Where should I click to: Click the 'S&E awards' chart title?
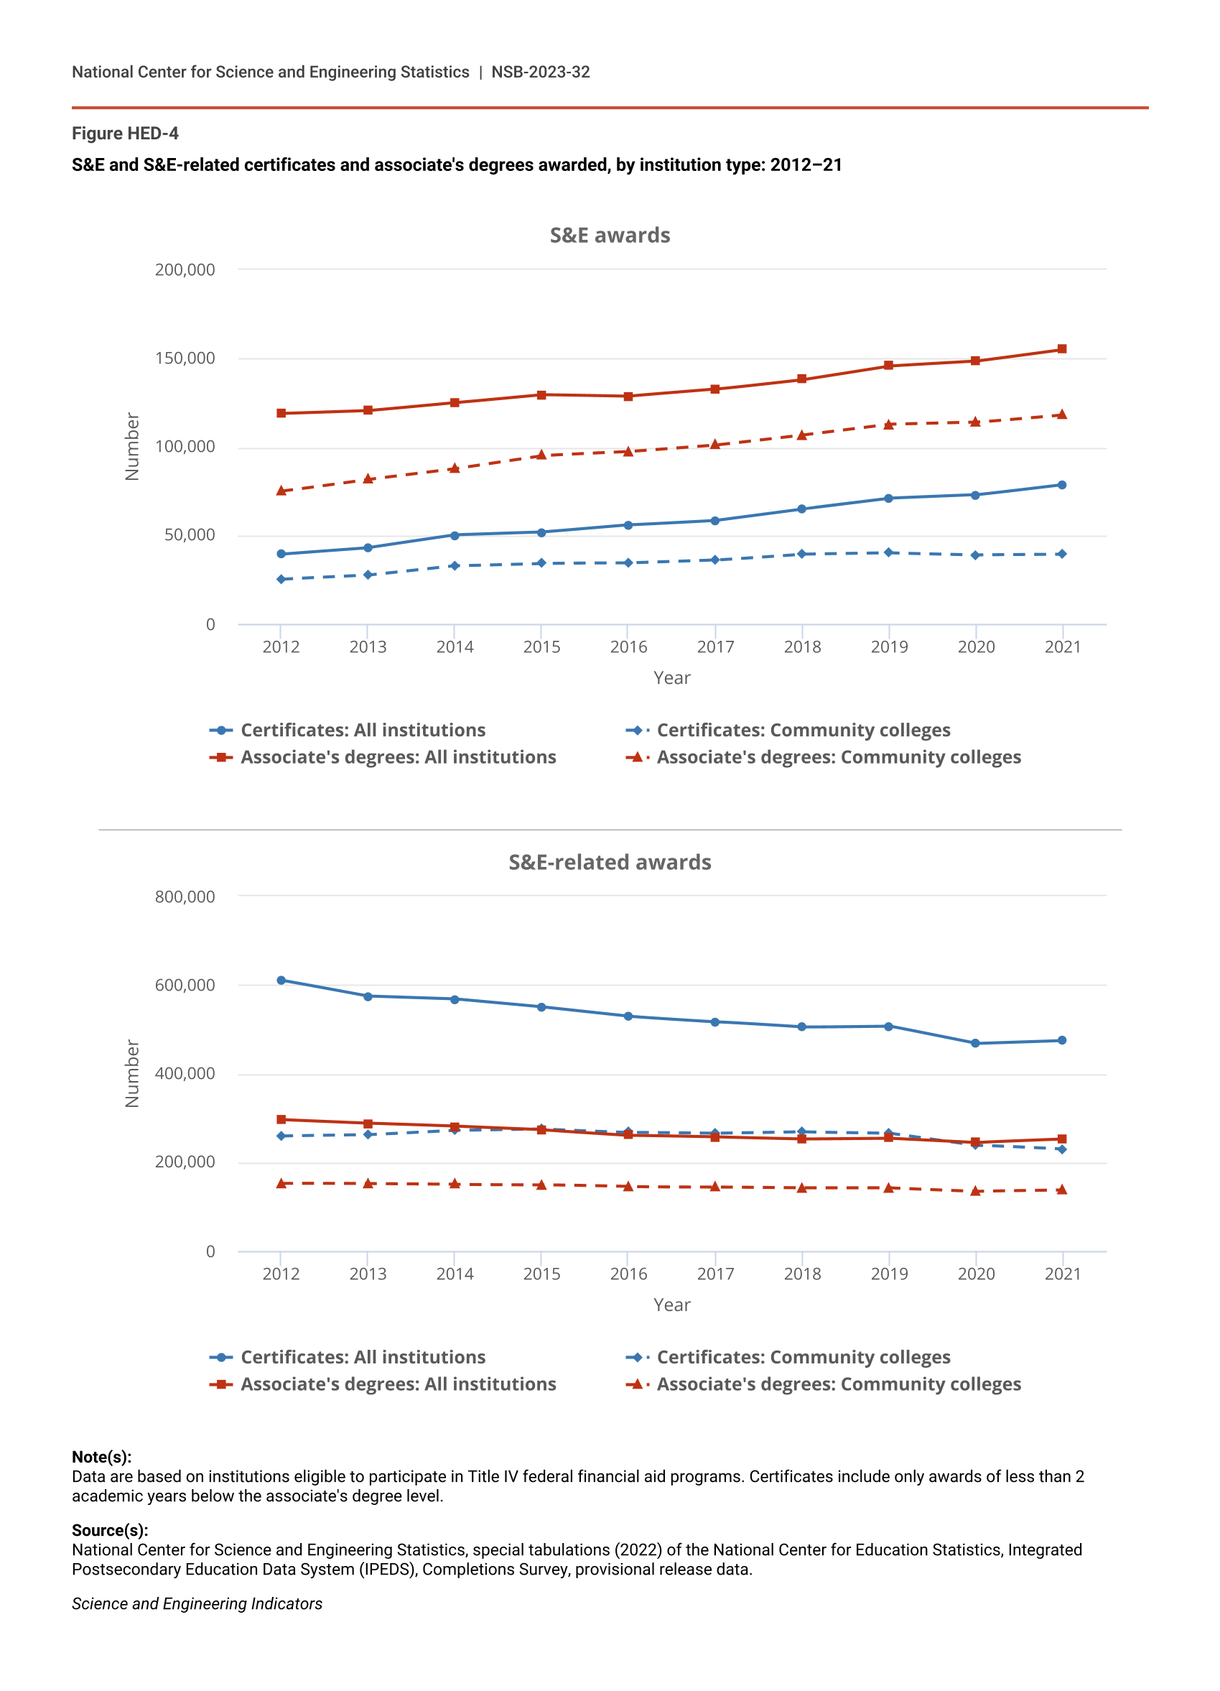click(610, 236)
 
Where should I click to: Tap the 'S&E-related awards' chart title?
click(610, 863)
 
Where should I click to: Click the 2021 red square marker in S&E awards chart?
click(1062, 349)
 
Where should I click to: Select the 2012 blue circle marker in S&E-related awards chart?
click(281, 981)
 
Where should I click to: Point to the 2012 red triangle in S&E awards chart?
click(281, 491)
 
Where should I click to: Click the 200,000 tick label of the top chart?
click(185, 270)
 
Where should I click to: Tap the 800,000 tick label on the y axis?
click(185, 897)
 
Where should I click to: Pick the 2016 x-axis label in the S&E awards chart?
click(628, 647)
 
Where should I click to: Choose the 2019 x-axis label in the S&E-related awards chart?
click(889, 1274)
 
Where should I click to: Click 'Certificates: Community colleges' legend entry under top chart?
click(803, 730)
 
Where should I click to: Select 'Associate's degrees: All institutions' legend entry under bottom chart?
click(398, 1384)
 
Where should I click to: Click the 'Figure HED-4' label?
click(125, 134)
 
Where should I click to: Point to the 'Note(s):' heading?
click(101, 1457)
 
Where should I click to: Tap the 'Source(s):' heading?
click(110, 1530)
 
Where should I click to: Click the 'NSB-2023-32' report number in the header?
click(540, 73)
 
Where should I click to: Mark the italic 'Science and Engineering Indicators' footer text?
click(197, 1604)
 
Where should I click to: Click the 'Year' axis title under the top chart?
click(671, 677)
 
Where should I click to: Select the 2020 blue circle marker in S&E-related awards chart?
click(976, 1043)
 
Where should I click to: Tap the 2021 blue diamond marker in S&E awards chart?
click(1062, 554)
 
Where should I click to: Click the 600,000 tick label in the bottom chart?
click(185, 985)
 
